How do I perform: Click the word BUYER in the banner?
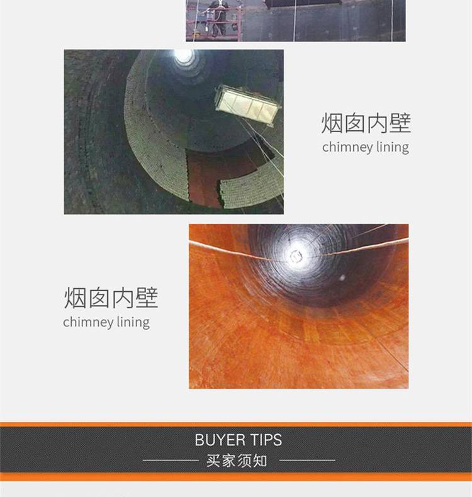[x=220, y=440]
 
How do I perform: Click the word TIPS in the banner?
[x=266, y=440]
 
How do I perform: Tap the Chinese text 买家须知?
[x=237, y=461]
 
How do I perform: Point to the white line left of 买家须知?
[x=171, y=461]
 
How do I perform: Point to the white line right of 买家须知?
[x=307, y=461]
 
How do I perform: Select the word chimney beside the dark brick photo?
[x=347, y=147]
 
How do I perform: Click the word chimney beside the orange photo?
[x=88, y=322]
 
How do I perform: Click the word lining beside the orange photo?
[x=133, y=322]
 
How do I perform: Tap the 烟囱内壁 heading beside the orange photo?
[x=111, y=298]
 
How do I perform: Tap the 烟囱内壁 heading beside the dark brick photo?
[x=366, y=123]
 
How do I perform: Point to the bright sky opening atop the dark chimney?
[x=184, y=57]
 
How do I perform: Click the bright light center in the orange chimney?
[x=296, y=255]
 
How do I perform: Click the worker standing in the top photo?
[x=218, y=18]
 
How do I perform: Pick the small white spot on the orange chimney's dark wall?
[x=342, y=278]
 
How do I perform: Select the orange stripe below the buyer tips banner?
[x=236, y=477]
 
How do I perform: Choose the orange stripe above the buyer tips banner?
[x=236, y=425]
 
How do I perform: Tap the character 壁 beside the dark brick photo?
[x=400, y=123]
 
